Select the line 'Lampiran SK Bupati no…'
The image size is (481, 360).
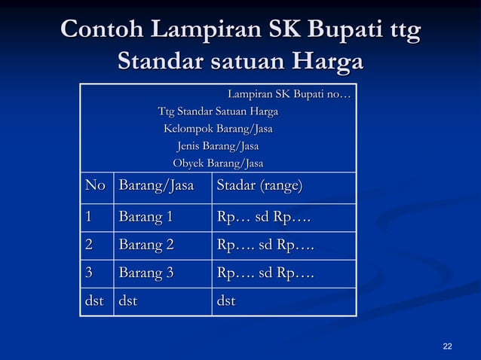click(289, 95)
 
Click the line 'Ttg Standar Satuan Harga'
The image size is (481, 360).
click(218, 112)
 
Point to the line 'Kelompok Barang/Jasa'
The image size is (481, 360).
click(218, 129)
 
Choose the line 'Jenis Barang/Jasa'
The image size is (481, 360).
click(218, 145)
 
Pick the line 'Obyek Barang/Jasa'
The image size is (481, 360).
click(218, 163)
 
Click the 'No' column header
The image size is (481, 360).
click(96, 186)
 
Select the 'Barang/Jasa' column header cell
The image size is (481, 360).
click(156, 186)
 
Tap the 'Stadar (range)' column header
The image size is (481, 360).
click(259, 186)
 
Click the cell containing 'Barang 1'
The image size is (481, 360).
click(146, 218)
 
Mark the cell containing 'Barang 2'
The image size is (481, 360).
click(146, 246)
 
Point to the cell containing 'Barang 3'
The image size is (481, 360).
click(146, 273)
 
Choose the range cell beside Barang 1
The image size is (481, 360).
click(264, 218)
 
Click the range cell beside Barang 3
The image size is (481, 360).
click(265, 273)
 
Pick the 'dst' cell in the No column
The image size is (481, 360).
click(94, 302)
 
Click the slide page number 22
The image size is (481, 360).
click(448, 346)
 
